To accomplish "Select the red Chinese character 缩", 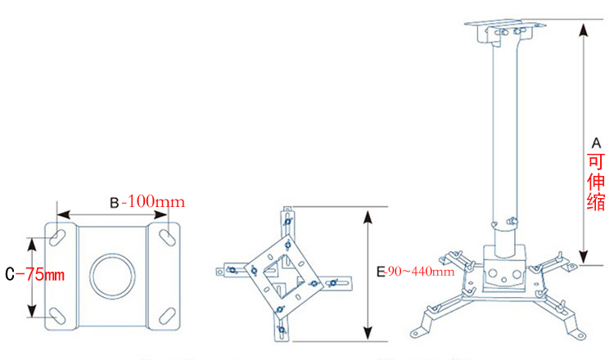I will coord(596,202).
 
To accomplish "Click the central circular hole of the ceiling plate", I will coord(112,277).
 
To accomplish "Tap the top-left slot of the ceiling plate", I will coord(59,236).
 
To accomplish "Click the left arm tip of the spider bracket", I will coord(219,268).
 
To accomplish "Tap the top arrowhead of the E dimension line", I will coord(369,216).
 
